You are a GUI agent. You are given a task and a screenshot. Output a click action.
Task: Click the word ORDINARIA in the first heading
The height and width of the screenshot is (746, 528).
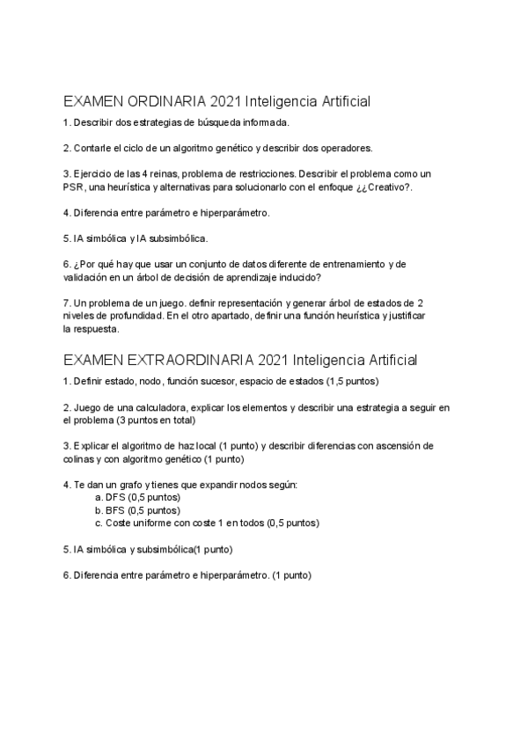coord(165,102)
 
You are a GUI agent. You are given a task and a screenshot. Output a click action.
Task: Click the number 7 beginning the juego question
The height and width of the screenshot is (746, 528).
coord(66,302)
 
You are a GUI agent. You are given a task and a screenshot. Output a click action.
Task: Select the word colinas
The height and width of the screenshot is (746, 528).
coord(80,459)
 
